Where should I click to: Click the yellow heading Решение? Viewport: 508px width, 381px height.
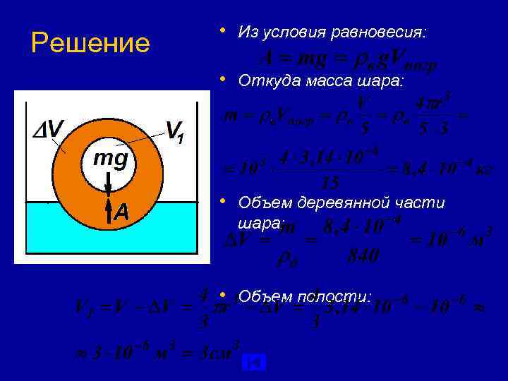[x=90, y=43]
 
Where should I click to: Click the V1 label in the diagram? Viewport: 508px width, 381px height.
[x=176, y=131]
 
